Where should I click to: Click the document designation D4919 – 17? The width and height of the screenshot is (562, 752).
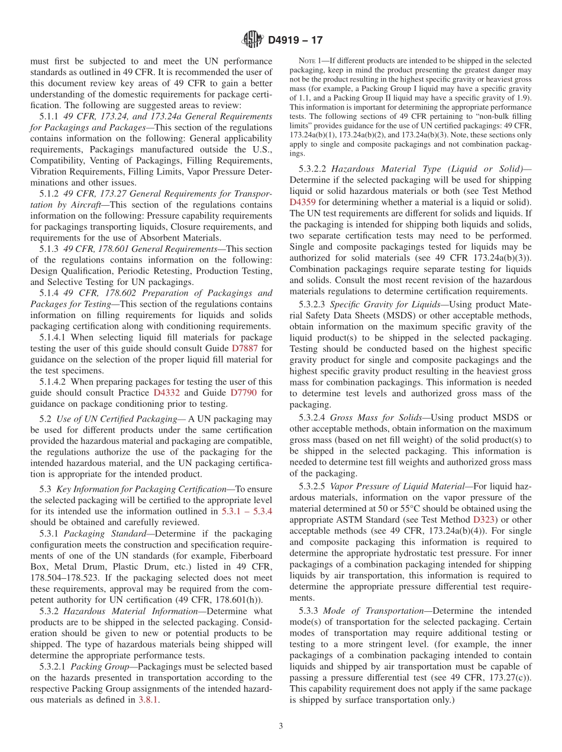click(x=295, y=40)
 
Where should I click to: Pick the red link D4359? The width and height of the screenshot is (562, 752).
click(x=303, y=202)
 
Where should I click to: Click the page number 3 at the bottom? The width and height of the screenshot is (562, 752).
click(x=281, y=726)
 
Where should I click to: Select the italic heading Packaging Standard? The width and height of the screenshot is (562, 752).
click(x=99, y=533)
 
